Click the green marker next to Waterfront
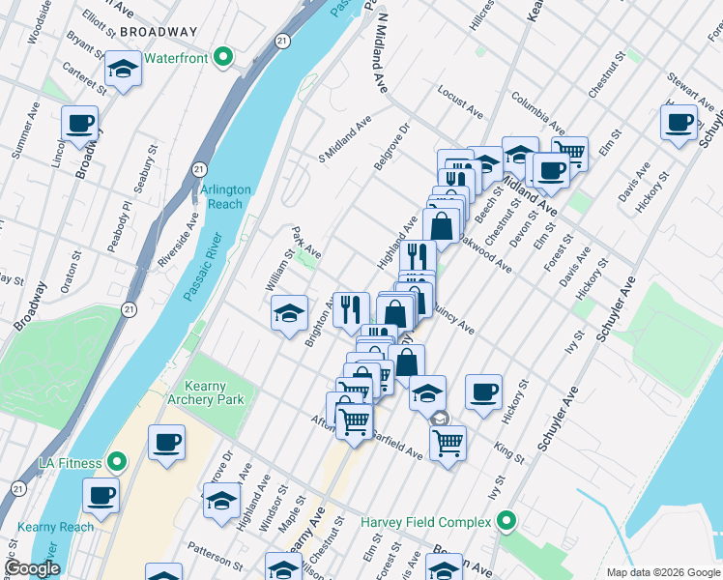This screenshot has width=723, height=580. pos(223,58)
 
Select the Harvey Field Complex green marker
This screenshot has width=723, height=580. pos(506,522)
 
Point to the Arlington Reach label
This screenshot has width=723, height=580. pos(226,197)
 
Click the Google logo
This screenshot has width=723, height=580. pos(32,568)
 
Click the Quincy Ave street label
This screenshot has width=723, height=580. pos(453,322)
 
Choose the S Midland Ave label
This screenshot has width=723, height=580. pos(345,138)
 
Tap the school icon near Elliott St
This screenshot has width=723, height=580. pos(123,70)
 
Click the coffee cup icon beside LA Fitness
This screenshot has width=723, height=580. pos(166,442)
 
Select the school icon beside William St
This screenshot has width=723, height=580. pos(289,313)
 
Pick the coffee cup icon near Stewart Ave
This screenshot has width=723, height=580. pos(680,122)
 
